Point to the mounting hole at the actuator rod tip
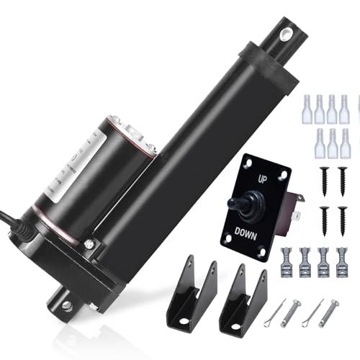point(287,34)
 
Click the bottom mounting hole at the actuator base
point(67,305)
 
